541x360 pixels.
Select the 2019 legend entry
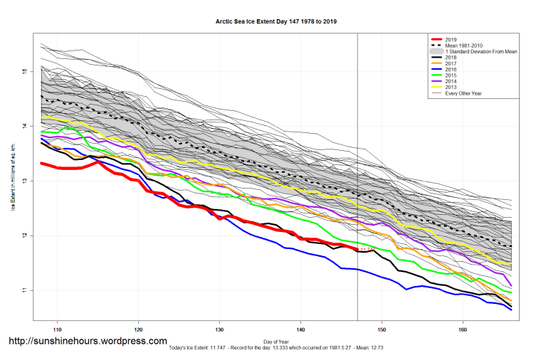click(450, 38)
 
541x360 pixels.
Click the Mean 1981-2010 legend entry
click(462, 45)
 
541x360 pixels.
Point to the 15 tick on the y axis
click(23, 72)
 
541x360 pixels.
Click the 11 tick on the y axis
click(23, 290)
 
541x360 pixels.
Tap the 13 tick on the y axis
click(23, 181)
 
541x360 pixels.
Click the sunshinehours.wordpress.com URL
click(88, 341)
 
